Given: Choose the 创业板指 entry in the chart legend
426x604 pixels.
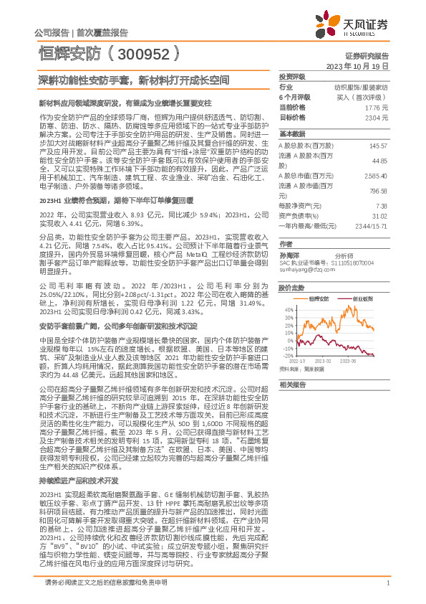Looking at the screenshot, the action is pos(362,297).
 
